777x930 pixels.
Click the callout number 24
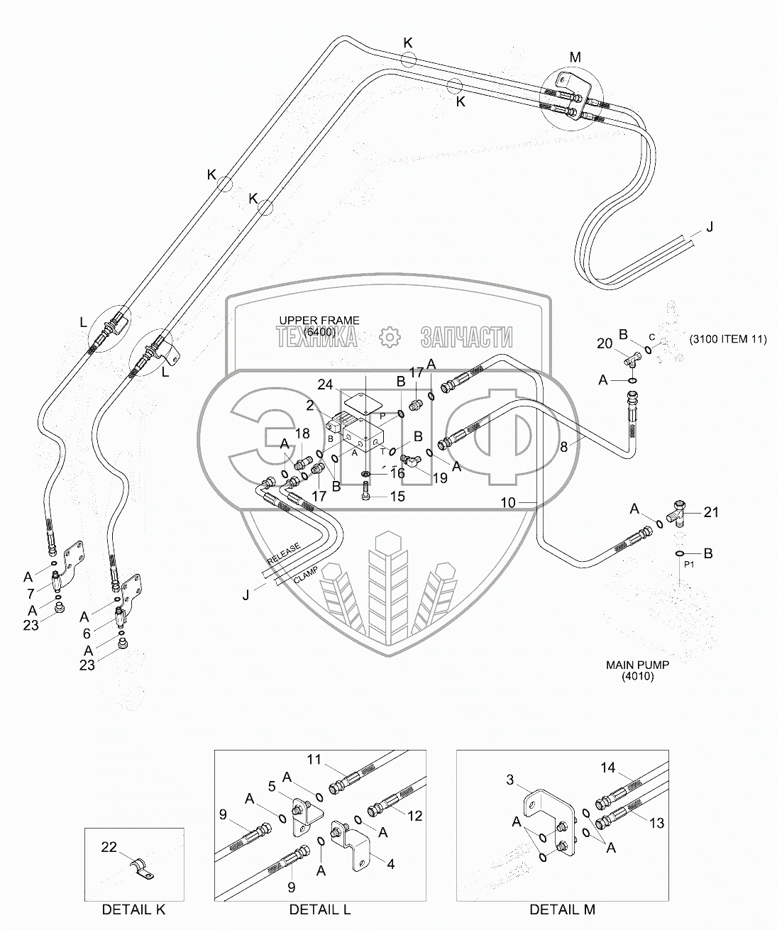(326, 384)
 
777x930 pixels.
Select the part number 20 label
(604, 343)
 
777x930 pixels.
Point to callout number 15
(397, 497)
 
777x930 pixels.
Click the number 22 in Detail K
(109, 846)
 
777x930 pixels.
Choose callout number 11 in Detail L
(314, 760)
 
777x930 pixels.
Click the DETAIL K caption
(133, 909)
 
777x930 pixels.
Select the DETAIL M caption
(562, 909)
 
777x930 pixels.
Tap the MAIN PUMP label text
(637, 665)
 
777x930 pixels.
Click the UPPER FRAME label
(319, 321)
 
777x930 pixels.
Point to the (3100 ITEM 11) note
(727, 339)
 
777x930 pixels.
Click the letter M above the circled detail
(575, 57)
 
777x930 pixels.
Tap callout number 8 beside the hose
(564, 447)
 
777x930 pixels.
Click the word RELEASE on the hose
(284, 552)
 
